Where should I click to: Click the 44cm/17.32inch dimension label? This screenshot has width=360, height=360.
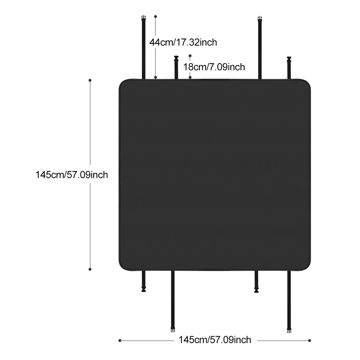click(183, 42)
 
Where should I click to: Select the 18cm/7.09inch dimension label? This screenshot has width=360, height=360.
click(214, 67)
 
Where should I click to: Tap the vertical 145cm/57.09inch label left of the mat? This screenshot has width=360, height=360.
click(72, 175)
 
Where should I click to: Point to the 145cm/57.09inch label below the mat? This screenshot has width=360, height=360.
click(215, 340)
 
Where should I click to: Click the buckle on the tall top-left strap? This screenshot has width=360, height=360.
click(144, 18)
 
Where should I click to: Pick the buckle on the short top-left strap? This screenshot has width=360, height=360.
click(176, 58)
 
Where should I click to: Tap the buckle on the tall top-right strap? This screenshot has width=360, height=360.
click(260, 19)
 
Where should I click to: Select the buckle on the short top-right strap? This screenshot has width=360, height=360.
click(289, 59)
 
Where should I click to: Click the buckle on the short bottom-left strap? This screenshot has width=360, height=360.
click(144, 289)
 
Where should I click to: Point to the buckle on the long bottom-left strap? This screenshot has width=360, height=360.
click(173, 330)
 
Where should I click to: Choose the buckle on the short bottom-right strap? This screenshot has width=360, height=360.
click(256, 290)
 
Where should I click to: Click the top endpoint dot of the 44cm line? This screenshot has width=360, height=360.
click(156, 17)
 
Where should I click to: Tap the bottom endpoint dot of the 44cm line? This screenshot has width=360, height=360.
click(156, 78)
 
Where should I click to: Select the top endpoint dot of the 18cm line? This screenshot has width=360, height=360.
click(190, 56)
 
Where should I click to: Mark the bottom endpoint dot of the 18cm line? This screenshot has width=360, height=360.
click(190, 78)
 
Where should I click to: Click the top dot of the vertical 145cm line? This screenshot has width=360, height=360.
click(90, 80)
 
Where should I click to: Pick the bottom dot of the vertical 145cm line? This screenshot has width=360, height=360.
click(90, 269)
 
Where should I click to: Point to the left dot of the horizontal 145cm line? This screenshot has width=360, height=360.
click(120, 341)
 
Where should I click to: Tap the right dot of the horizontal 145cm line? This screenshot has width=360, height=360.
click(310, 341)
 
